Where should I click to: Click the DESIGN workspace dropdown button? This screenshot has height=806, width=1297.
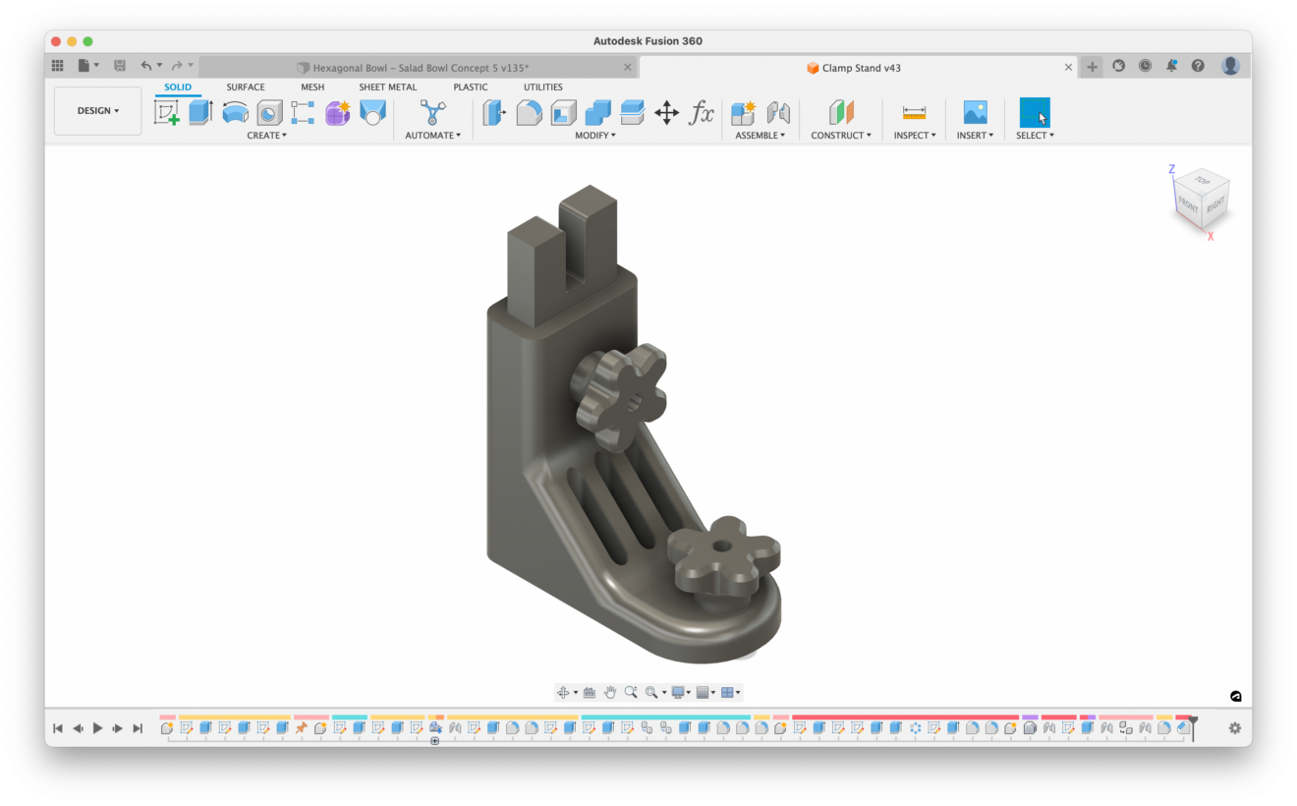click(x=97, y=111)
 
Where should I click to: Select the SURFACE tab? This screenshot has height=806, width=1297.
click(x=245, y=87)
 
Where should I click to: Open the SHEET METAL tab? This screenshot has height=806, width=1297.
click(x=387, y=87)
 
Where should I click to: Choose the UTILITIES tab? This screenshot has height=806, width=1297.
click(x=542, y=87)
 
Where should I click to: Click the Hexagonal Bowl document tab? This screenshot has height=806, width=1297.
click(x=420, y=68)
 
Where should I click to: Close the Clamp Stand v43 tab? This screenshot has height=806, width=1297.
click(x=1068, y=68)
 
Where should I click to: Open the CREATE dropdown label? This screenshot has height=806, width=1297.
click(x=266, y=136)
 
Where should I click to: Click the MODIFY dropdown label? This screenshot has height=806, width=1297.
click(x=594, y=136)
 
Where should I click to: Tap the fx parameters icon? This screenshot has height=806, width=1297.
click(x=701, y=113)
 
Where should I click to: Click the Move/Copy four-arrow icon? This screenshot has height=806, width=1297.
click(x=666, y=113)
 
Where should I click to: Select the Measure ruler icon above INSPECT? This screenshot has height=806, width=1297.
click(x=914, y=113)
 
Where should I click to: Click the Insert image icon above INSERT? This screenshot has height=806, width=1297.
click(x=975, y=112)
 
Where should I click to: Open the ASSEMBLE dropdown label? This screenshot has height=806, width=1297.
click(x=760, y=136)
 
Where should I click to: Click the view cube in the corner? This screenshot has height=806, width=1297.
click(x=1202, y=198)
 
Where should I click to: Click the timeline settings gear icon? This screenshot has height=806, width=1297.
click(x=1234, y=728)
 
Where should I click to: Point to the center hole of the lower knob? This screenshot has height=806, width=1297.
click(x=722, y=546)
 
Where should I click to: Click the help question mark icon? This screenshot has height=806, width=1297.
click(x=1198, y=66)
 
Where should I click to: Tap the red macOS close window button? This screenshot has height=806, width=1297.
click(x=56, y=41)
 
